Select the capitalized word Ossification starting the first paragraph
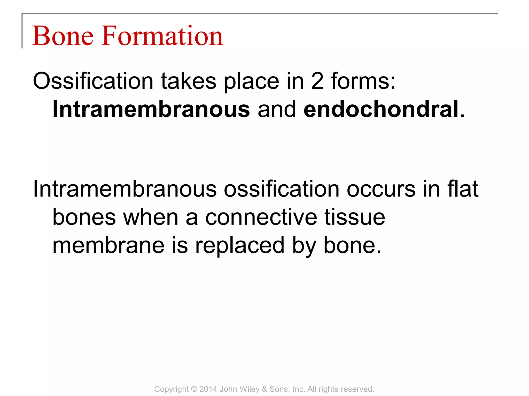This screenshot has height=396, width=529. pyautogui.click(x=93, y=81)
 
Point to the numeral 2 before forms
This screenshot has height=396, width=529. pyautogui.click(x=317, y=81)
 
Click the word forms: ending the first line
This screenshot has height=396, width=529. pyautogui.click(x=363, y=81)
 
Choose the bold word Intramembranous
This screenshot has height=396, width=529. pyautogui.click(x=151, y=110)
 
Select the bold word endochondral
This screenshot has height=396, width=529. pyautogui.click(x=381, y=110)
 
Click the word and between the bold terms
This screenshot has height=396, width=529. pyautogui.click(x=277, y=110)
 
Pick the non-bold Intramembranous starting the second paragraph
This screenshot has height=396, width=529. pyautogui.click(x=125, y=189)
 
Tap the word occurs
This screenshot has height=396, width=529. pyautogui.click(x=381, y=189)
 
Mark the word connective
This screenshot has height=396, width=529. pyautogui.click(x=261, y=217)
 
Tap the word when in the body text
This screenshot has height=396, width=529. pyautogui.click(x=151, y=217)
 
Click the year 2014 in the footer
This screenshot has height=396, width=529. pyautogui.click(x=208, y=389)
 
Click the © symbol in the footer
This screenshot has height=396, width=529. pyautogui.click(x=194, y=389)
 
